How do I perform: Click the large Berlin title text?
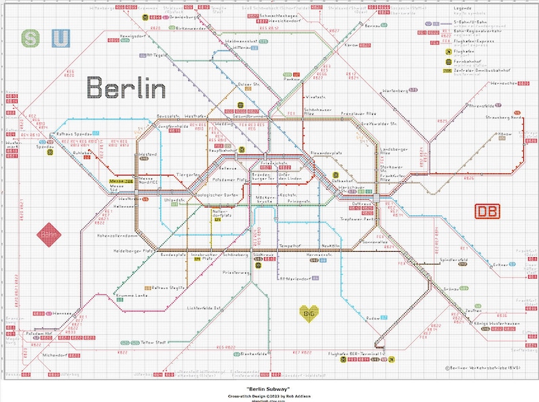point(126,88)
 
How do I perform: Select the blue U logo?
point(60,38)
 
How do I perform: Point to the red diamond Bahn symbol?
point(48,235)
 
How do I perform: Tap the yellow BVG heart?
point(310,313)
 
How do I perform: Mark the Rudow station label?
point(373,318)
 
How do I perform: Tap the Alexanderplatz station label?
point(327,154)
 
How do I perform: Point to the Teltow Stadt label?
point(157,341)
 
